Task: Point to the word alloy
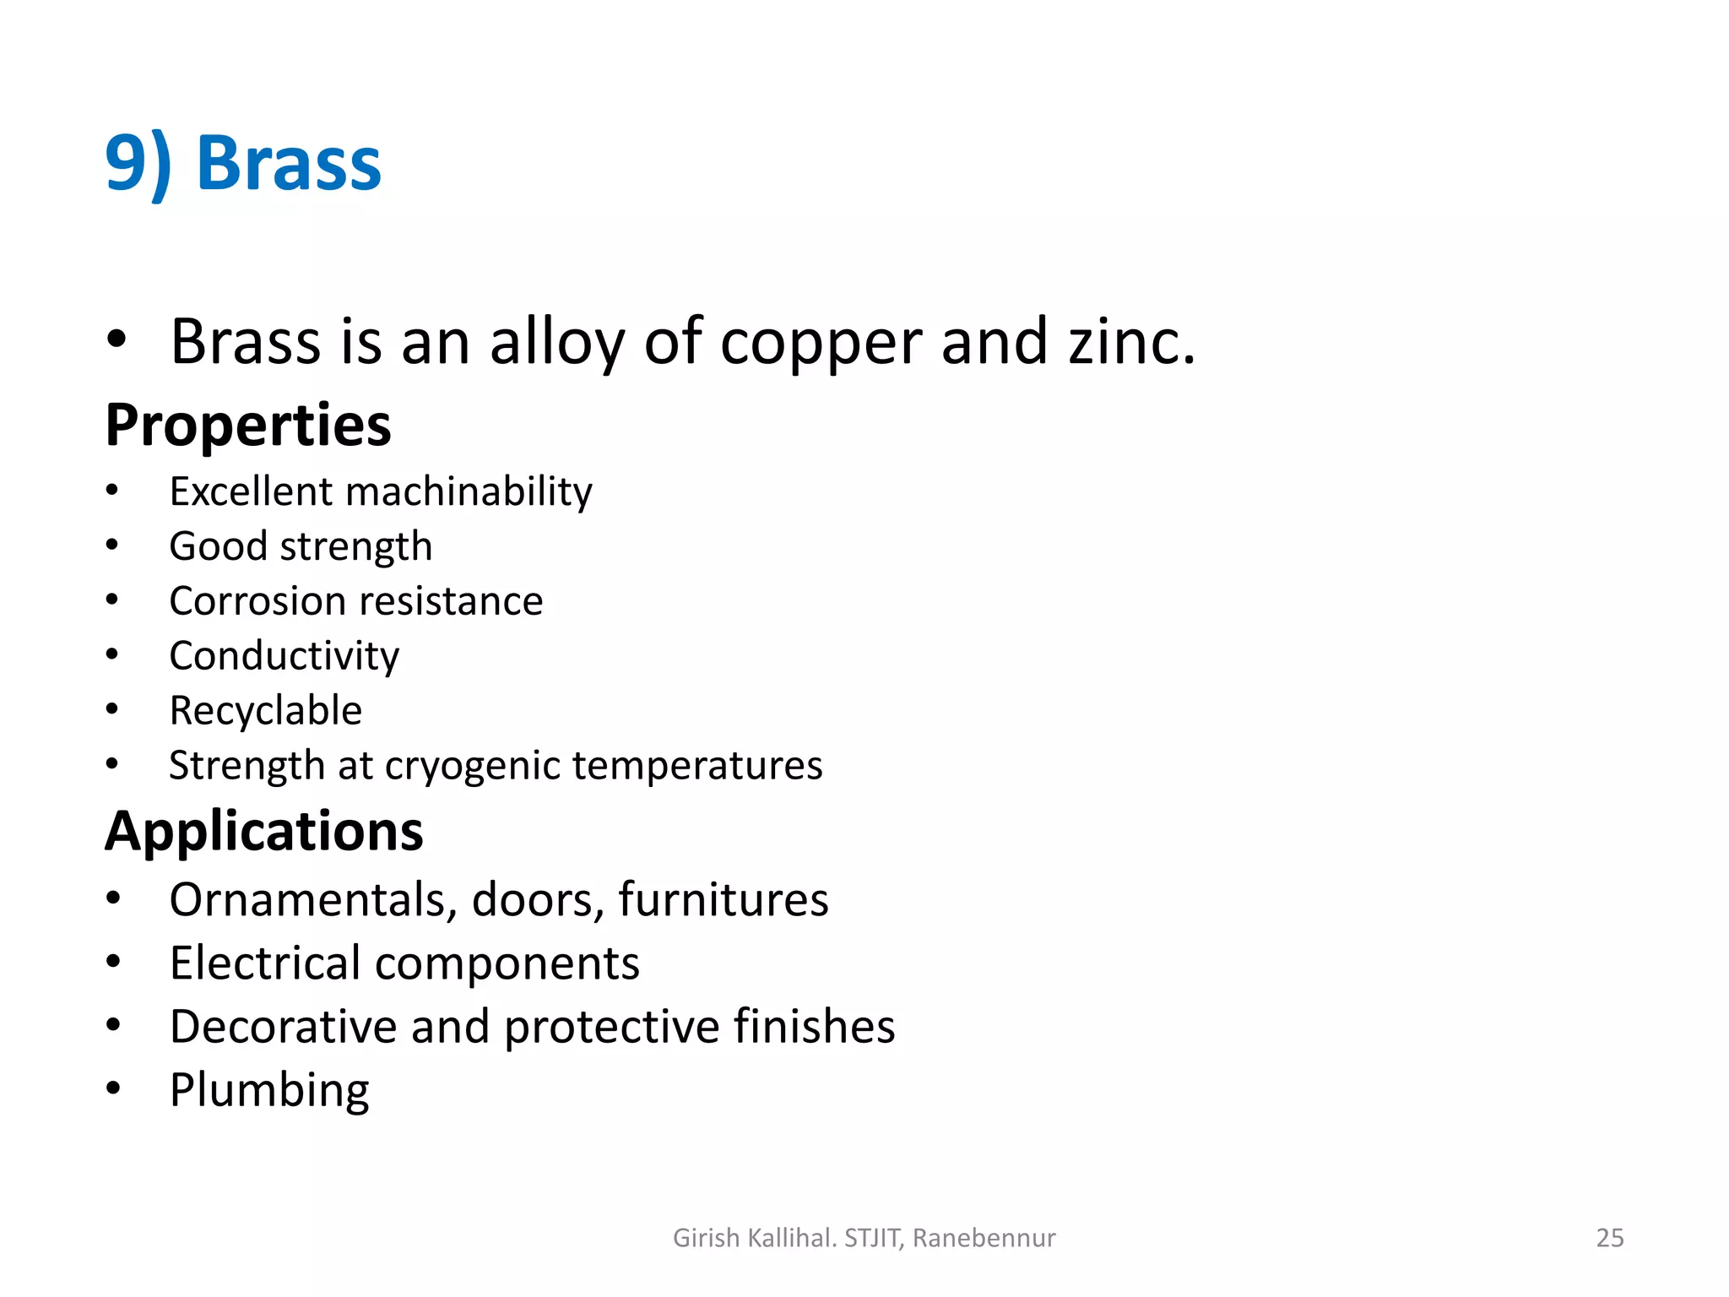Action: tap(557, 345)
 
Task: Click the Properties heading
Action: tap(248, 426)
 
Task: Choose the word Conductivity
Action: tap(284, 657)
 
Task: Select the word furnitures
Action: tap(723, 900)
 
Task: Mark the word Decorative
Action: tap(283, 1027)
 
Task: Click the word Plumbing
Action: tap(269, 1091)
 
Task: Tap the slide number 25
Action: tap(1609, 1238)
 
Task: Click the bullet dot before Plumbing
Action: tap(114, 1088)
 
